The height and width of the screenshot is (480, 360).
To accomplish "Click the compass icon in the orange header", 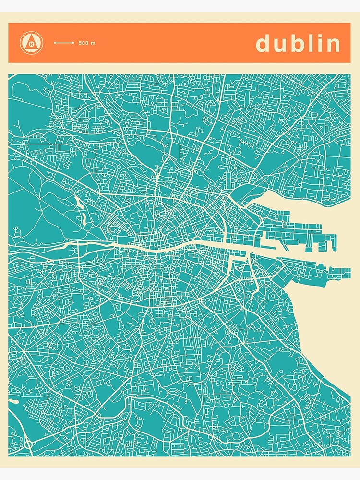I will (31, 43).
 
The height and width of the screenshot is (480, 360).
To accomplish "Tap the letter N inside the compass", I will (31, 44).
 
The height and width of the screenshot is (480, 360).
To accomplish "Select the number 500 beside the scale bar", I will (84, 43).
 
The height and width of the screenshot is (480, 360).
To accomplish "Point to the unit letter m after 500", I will (93, 43).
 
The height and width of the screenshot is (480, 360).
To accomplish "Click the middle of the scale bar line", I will (63, 43).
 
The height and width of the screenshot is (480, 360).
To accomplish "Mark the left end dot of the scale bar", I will (54, 43).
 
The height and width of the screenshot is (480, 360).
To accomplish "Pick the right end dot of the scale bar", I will (72, 43).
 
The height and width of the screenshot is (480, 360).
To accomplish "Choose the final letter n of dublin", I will (333, 45).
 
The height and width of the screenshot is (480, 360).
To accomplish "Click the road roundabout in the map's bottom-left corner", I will (28, 444).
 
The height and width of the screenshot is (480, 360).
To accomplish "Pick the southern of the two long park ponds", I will (84, 219).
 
